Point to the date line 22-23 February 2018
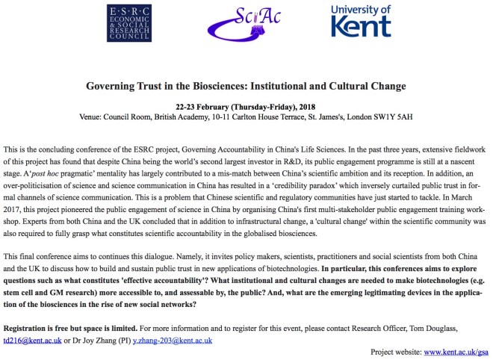click(247, 106)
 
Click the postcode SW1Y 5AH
click(393, 117)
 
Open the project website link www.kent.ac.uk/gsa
click(455, 350)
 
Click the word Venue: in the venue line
click(93, 117)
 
